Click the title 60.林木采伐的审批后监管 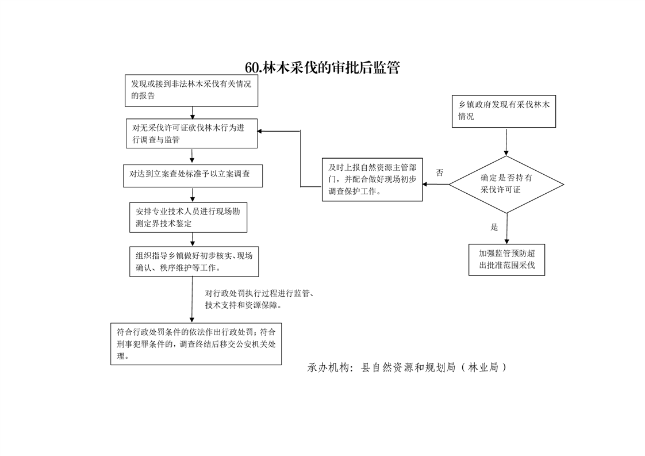coord(322,68)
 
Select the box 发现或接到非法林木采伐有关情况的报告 coord(191,90)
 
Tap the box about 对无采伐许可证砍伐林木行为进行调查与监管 coord(191,133)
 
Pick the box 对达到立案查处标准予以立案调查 coord(193,176)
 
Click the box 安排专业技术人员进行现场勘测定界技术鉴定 coord(189,217)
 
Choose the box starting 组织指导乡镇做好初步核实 coord(194,262)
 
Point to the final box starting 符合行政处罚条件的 coord(196,344)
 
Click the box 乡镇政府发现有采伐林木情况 coord(504,111)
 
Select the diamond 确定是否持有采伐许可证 coord(506,185)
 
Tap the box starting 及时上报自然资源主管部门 coord(373,179)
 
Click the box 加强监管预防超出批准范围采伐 coord(507,260)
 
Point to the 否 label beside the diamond coord(440,173)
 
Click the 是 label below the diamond coord(494,227)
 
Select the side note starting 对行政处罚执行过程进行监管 coord(260,299)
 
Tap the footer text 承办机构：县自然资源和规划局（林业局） coord(407,367)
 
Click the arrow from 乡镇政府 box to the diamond coord(506,142)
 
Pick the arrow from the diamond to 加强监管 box coord(507,229)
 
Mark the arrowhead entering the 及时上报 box coord(425,185)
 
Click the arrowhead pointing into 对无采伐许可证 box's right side coord(260,131)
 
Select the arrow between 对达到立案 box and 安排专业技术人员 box coord(193,195)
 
